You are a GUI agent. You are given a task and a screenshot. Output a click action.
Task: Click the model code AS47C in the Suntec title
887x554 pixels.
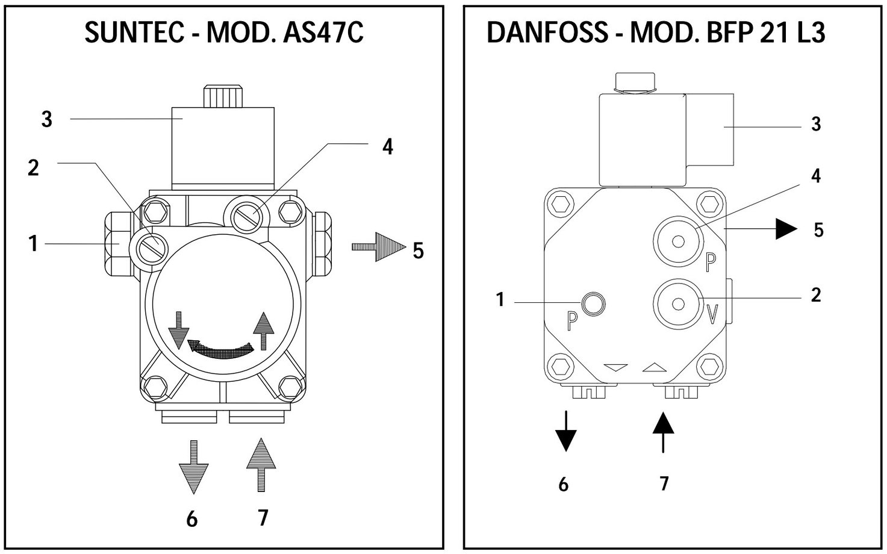click(x=322, y=33)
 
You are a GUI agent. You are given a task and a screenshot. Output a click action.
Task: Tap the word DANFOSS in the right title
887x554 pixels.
click(x=547, y=33)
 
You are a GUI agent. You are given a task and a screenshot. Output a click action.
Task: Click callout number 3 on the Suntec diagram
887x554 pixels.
click(x=47, y=119)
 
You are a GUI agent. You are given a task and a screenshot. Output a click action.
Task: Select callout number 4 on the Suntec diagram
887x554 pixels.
click(x=388, y=146)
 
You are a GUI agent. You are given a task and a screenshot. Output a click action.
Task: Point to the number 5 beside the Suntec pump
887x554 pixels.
click(x=419, y=250)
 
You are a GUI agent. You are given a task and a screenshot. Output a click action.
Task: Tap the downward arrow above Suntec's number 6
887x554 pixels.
click(x=193, y=467)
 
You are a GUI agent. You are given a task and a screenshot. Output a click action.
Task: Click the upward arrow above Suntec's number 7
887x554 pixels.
click(x=261, y=464)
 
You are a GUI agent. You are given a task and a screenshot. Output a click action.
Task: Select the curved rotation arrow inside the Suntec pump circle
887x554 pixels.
click(x=220, y=348)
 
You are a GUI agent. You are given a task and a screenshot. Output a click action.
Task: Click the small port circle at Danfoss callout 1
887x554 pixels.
click(x=593, y=303)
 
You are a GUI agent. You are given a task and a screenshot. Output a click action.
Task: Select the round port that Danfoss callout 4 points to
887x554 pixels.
click(x=679, y=241)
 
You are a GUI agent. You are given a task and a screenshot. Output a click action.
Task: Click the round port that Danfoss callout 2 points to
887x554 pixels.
click(x=679, y=303)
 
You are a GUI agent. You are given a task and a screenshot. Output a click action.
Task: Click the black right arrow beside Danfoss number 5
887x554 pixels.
click(x=786, y=229)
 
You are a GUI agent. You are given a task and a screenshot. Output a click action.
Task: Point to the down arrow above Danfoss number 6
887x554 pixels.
click(x=565, y=432)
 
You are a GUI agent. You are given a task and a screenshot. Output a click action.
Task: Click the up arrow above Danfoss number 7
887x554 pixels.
click(x=663, y=432)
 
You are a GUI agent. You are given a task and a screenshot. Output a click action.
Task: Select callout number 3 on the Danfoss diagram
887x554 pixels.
click(x=816, y=124)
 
